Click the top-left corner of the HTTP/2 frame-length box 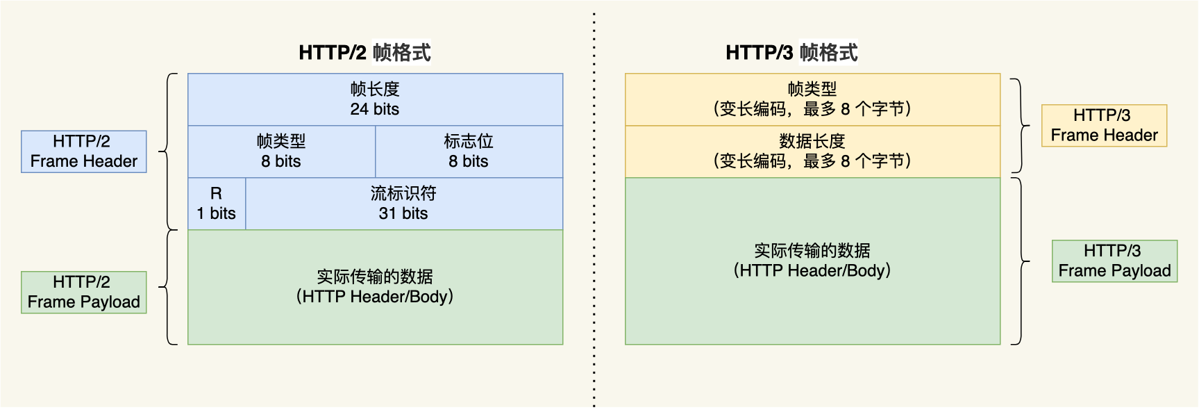point(188,74)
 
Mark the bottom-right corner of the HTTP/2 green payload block point(563,345)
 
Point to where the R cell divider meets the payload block point(246,230)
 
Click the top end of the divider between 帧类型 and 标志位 point(376,126)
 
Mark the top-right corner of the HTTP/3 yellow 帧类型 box point(1000,74)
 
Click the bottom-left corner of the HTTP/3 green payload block point(626,345)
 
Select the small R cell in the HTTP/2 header point(217,204)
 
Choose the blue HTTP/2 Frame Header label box point(84,151)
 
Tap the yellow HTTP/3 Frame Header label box point(1105,126)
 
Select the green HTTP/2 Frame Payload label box point(84,293)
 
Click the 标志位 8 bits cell point(469,151)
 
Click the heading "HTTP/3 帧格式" point(791,52)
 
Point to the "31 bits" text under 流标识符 point(403,213)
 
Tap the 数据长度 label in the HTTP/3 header point(812,141)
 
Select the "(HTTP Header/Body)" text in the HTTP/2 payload point(375,297)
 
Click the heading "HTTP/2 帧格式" point(364,52)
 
